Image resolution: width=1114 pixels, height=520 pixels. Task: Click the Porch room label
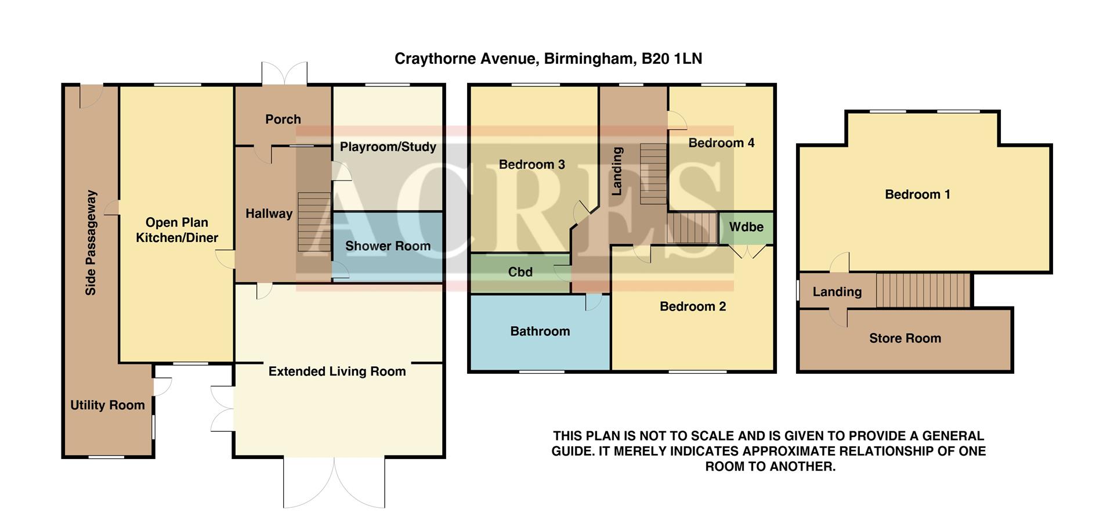pos(283,119)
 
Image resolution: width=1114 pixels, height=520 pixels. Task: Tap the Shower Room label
pos(388,246)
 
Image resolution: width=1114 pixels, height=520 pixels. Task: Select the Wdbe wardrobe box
pos(746,228)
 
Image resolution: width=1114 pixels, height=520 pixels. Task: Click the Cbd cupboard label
pos(520,272)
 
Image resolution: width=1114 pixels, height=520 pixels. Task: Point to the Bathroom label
pos(540,331)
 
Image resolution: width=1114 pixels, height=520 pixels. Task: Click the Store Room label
pos(905,338)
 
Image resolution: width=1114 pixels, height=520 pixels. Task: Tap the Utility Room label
pos(107,405)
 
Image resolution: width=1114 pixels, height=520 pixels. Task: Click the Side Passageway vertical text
pos(91,243)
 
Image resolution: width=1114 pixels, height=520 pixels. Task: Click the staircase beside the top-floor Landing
pos(923,290)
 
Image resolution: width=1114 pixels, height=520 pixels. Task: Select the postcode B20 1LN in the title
pos(671,59)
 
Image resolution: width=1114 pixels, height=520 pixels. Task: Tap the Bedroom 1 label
pos(917,194)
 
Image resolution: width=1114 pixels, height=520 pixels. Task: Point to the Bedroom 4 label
pos(721,143)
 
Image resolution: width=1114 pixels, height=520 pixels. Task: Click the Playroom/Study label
pos(388,147)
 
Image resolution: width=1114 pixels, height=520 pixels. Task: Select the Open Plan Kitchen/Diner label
pos(177,230)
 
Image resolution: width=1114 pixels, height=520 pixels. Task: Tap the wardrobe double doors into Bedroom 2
pos(747,252)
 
